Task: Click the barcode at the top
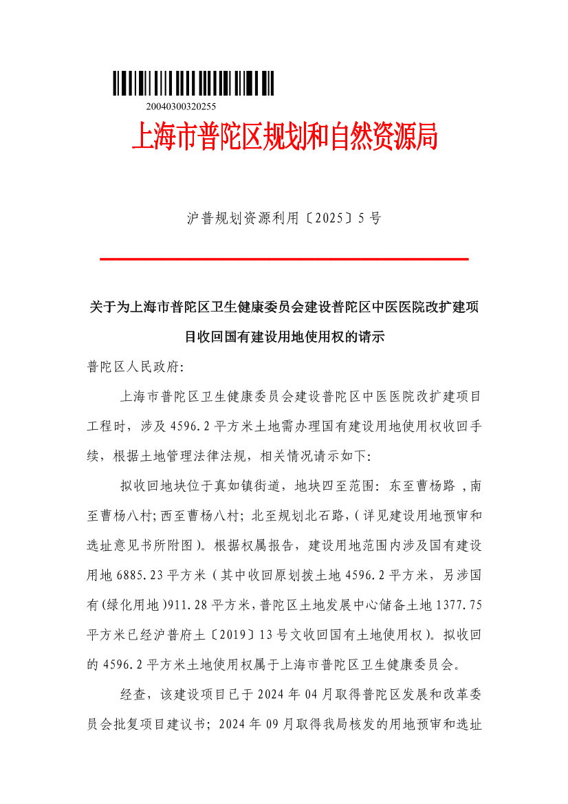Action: (193, 83)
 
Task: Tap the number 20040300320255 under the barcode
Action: (182, 107)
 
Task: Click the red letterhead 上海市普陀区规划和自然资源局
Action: (284, 137)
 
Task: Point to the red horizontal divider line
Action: (284, 259)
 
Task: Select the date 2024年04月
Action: (290, 695)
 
